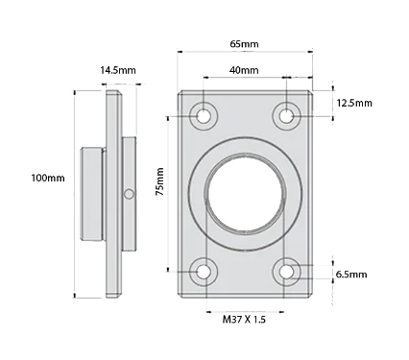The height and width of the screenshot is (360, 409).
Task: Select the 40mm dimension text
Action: click(x=245, y=71)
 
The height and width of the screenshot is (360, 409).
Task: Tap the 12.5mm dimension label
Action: click(x=354, y=103)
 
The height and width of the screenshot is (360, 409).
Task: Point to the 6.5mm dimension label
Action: click(x=351, y=275)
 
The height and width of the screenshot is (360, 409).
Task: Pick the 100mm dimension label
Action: click(x=48, y=179)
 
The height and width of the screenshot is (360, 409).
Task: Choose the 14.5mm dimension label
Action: click(x=118, y=69)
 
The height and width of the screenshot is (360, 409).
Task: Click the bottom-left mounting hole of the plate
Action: click(x=204, y=272)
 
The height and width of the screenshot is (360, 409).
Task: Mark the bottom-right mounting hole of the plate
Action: click(x=287, y=272)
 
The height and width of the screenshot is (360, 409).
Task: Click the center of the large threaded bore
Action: click(x=245, y=193)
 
